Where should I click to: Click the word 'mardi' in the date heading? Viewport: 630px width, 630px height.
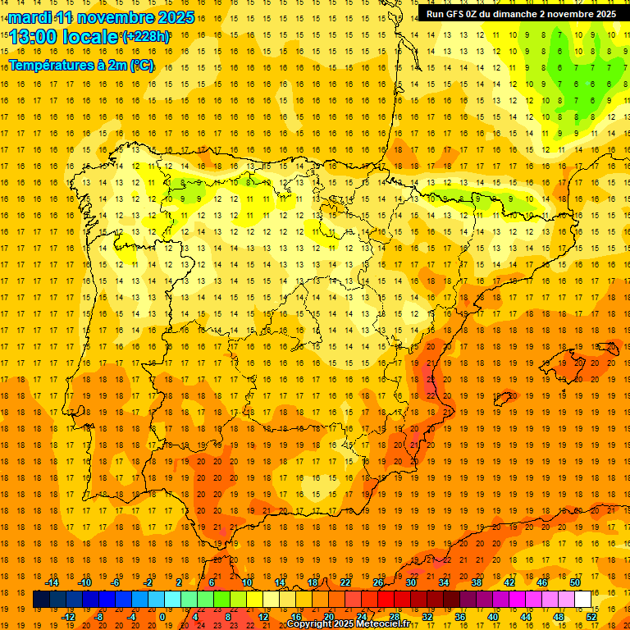coord(30,17)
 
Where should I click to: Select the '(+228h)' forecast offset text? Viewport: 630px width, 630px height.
coord(146,37)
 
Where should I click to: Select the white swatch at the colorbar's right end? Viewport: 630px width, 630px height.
coord(583,600)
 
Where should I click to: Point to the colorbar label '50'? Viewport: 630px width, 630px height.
coord(575,582)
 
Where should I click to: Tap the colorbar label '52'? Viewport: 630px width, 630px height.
coord(591,617)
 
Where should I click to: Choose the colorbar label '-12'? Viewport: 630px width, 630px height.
coord(68,617)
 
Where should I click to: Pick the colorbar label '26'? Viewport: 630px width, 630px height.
coord(378,582)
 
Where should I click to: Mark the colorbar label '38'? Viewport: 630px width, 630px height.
coord(477,582)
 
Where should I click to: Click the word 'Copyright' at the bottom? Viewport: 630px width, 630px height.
coord(311,624)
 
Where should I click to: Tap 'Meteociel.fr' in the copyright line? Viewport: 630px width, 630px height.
coord(384,624)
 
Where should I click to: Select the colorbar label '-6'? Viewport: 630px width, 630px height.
coord(116,582)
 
